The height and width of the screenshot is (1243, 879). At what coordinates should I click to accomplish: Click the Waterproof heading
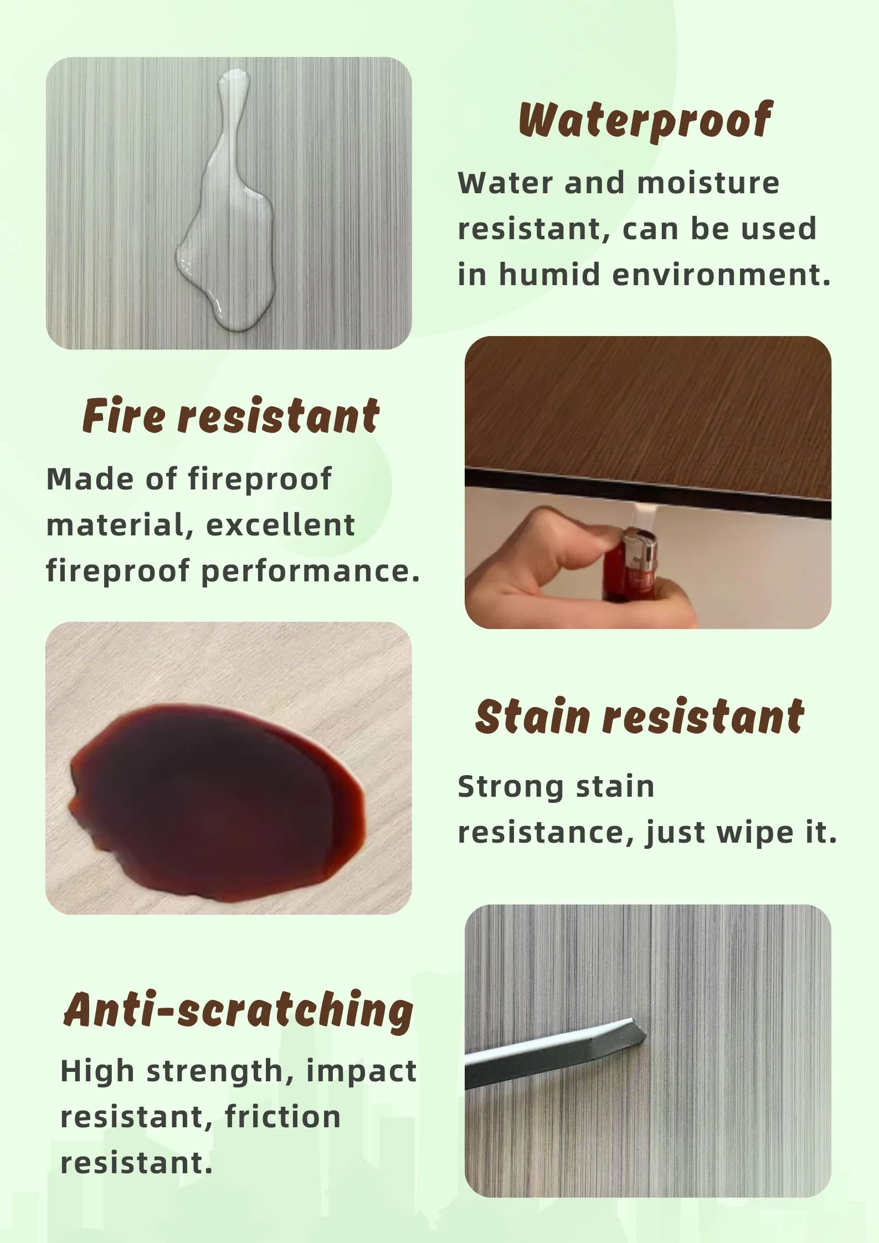pyautogui.click(x=645, y=121)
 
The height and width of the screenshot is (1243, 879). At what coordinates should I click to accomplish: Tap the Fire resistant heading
pyautogui.click(x=231, y=416)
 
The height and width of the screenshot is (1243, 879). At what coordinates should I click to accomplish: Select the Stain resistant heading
pyautogui.click(x=640, y=717)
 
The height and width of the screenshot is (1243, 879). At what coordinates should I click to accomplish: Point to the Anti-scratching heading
pyautogui.click(x=239, y=1010)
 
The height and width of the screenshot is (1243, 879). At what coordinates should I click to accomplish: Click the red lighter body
pyautogui.click(x=620, y=576)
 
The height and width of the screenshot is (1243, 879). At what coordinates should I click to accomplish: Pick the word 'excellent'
pyautogui.click(x=280, y=525)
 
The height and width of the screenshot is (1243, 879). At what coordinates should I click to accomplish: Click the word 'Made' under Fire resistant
pyautogui.click(x=89, y=479)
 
